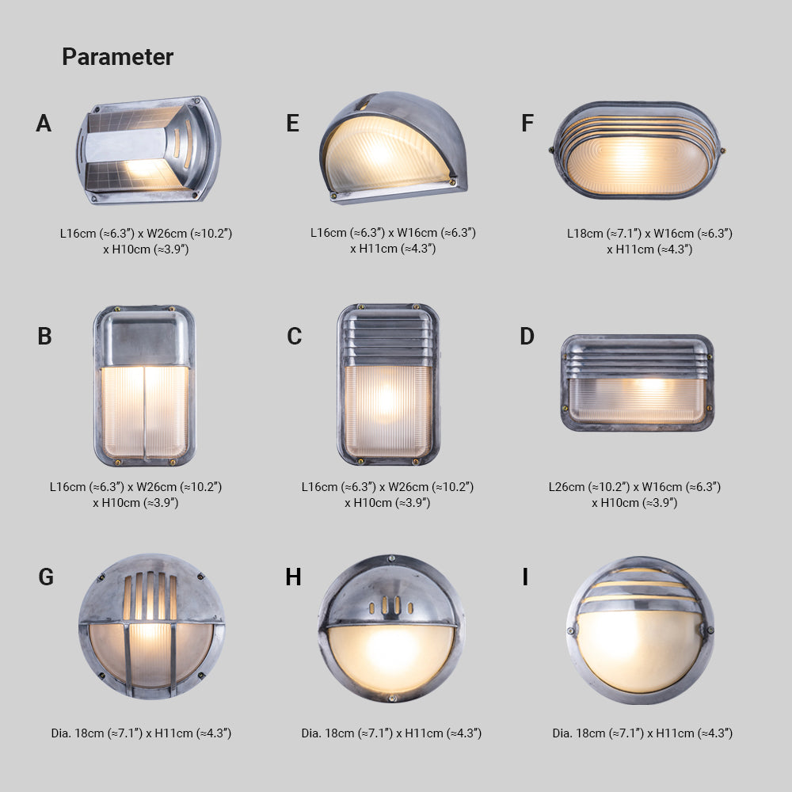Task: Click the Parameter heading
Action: [117, 57]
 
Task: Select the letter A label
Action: [44, 124]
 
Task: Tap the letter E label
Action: [293, 124]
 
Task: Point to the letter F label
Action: [527, 124]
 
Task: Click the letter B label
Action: [44, 337]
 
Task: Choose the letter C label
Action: [294, 337]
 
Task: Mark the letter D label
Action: [527, 337]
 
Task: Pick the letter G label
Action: [46, 577]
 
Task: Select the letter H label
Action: [293, 577]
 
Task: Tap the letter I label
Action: [525, 577]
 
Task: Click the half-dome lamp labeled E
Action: [393, 148]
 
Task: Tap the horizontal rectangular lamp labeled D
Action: [637, 383]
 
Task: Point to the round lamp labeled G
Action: [151, 626]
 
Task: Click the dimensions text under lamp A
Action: [146, 241]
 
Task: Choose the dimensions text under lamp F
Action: [649, 241]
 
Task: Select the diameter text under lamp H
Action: [391, 733]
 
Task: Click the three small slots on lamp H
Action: [392, 605]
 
